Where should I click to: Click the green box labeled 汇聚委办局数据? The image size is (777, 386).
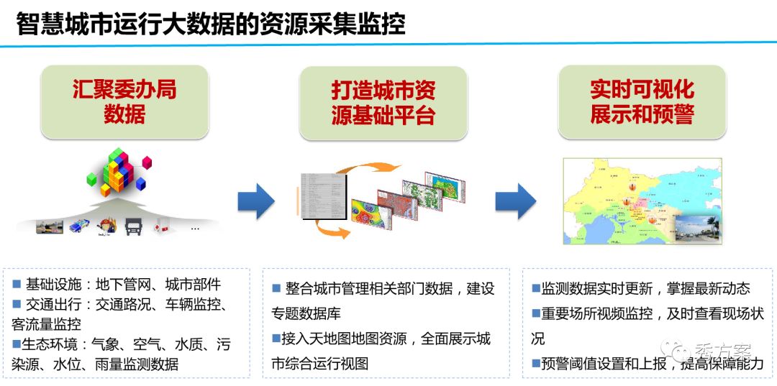[124, 102]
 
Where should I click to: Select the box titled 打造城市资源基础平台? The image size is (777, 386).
[383, 102]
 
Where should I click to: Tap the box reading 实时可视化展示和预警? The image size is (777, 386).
[642, 102]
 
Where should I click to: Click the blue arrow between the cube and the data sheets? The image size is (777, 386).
[256, 201]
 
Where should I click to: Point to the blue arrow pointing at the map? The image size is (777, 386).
[515, 201]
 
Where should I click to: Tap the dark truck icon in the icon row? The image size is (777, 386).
[134, 226]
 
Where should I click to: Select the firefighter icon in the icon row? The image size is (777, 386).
[105, 226]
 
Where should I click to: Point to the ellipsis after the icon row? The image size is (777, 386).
[194, 229]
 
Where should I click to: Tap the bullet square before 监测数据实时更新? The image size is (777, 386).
[536, 288]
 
